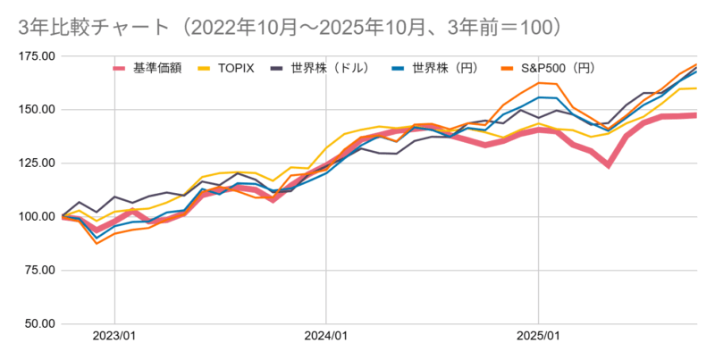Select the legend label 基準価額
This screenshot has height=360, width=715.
click(157, 68)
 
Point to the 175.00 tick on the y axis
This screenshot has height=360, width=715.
click(36, 56)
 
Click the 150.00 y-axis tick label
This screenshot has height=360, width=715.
click(36, 110)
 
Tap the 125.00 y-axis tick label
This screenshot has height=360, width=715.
click(36, 163)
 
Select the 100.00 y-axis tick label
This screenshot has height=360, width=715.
click(36, 217)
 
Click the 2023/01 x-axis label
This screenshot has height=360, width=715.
click(114, 339)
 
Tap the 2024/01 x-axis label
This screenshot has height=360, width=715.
click(326, 339)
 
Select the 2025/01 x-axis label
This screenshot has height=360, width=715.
click(538, 339)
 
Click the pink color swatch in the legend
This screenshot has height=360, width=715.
click(121, 68)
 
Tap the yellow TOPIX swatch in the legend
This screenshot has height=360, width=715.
click(206, 68)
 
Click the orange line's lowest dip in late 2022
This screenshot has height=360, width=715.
click(97, 243)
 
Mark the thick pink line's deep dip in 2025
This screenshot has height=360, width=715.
click(609, 165)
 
